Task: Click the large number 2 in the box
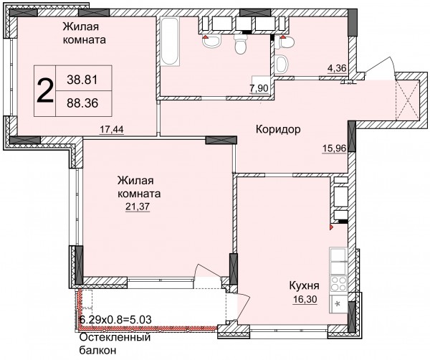pyautogui.click(x=45, y=90)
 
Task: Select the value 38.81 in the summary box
pyautogui.click(x=82, y=80)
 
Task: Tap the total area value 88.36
pyautogui.click(x=82, y=103)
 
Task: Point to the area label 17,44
pyautogui.click(x=111, y=129)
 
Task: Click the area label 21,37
pyautogui.click(x=138, y=206)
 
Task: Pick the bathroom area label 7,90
pyautogui.click(x=259, y=89)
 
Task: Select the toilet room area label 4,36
pyautogui.click(x=337, y=67)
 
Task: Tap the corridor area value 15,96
pyautogui.click(x=334, y=148)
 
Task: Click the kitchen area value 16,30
pyautogui.click(x=305, y=299)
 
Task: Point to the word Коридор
pyautogui.click(x=278, y=129)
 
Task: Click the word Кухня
pyautogui.click(x=304, y=286)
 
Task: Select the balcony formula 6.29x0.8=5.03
pyautogui.click(x=115, y=320)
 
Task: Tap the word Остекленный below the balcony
pyautogui.click(x=115, y=337)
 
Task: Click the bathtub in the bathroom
pyautogui.click(x=171, y=42)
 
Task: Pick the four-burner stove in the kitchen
pyautogui.click(x=339, y=285)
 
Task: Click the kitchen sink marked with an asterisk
pyautogui.click(x=339, y=304)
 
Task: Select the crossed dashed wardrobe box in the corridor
pyautogui.click(x=408, y=100)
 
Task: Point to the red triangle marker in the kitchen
pyautogui.click(x=331, y=227)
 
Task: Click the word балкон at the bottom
pyautogui.click(x=97, y=351)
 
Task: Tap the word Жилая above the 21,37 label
pyautogui.click(x=135, y=181)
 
